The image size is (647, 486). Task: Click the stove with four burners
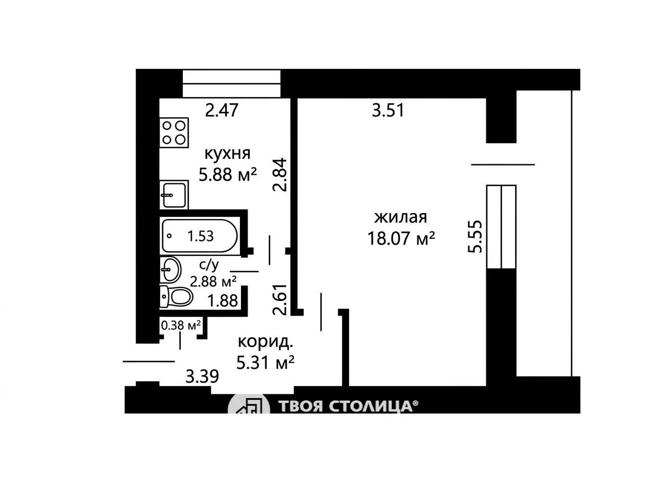coord(174,133)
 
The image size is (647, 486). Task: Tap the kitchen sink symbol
coord(174,195)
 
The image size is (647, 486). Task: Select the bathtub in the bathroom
coord(200,236)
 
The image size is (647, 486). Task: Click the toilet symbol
coord(176,296)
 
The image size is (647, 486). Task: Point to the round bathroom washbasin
coord(170,270)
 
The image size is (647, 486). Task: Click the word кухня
coord(227,154)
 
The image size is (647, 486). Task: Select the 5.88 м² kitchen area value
coord(228,174)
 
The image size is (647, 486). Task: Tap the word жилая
coord(400,217)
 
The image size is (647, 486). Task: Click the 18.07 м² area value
coord(401,238)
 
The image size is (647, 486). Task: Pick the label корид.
coord(266,342)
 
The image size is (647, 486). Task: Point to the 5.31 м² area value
coord(265,362)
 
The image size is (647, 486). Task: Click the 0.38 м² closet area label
coord(181,325)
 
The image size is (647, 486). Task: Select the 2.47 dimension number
coord(222,111)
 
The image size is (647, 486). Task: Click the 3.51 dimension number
coord(388,111)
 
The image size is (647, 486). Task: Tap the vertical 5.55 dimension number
coord(475,236)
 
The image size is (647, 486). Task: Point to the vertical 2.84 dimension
coord(280,174)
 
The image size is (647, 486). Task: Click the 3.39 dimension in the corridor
coord(202,376)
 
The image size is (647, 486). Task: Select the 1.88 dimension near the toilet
coord(223,300)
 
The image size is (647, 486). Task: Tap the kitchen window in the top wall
coord(231,84)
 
